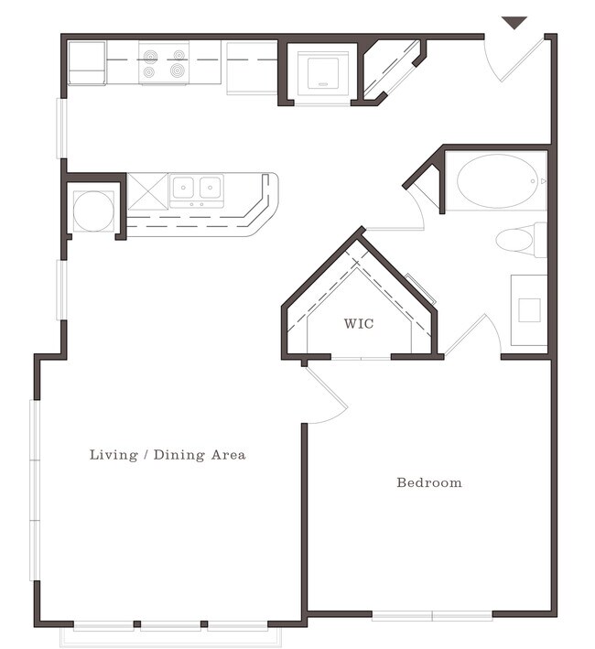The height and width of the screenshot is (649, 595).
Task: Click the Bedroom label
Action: [429, 482]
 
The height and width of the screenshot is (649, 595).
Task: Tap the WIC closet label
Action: [359, 323]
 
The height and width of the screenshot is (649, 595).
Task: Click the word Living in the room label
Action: [114, 455]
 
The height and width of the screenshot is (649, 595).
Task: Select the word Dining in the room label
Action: [179, 455]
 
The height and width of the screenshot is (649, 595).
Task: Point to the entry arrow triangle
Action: [514, 22]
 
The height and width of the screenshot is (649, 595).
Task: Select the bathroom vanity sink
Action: [529, 310]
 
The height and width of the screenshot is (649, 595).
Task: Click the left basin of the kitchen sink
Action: [183, 187]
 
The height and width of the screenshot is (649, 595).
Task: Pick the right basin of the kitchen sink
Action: [211, 187]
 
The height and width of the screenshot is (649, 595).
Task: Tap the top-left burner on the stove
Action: [150, 56]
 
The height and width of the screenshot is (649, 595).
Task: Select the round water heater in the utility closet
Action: [93, 211]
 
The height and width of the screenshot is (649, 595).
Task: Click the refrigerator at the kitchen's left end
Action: [86, 63]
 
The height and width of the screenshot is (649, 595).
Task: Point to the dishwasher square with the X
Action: [147, 191]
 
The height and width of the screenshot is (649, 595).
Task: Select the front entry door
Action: [522, 59]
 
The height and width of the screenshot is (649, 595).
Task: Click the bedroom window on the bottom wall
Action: [432, 616]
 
